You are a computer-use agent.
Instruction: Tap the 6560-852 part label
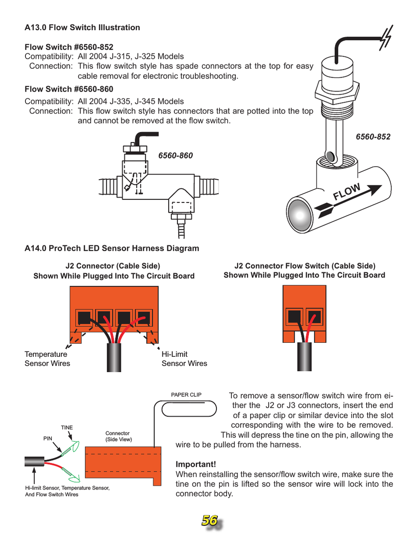[x=373, y=137]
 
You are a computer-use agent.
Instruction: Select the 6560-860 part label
[x=175, y=156]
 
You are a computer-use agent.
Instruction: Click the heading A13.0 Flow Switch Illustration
[x=82, y=28]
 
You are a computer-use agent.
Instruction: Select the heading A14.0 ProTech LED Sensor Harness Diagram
[x=112, y=249]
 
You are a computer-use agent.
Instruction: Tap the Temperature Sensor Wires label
[x=47, y=359]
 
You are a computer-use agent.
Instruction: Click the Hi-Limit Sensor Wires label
[x=184, y=359]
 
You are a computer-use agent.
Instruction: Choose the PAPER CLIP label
[x=186, y=395]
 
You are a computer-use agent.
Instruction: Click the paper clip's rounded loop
[x=189, y=409]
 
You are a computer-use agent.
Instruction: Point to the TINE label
[x=67, y=428]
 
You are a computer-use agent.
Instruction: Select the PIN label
[x=48, y=438]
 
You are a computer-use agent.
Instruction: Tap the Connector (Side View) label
[x=118, y=437]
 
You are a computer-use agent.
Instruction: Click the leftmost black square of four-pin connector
[x=83, y=317]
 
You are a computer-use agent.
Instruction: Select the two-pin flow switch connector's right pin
[x=314, y=316]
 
